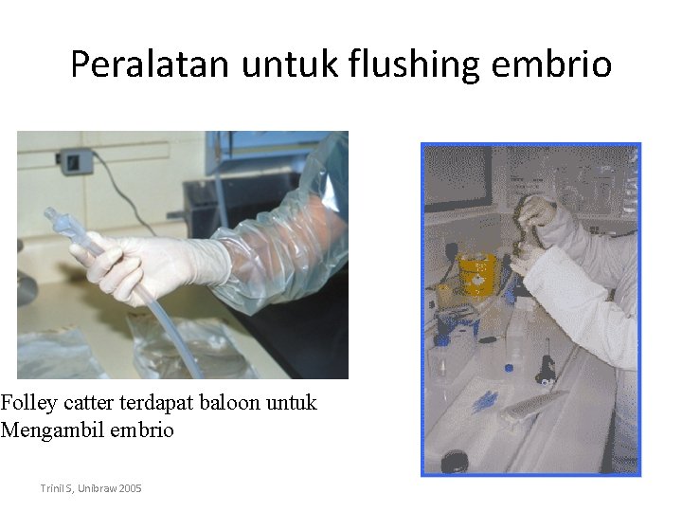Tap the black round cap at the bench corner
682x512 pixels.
456,461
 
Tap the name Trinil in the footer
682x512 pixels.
51,487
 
